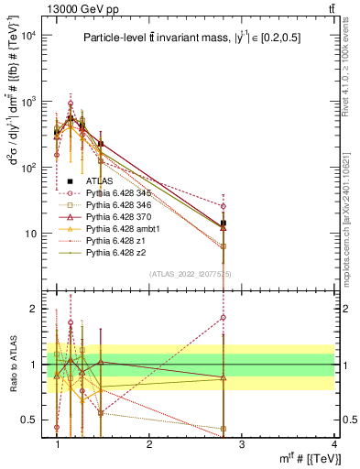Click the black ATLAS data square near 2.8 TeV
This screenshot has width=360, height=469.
pyautogui.click(x=224, y=223)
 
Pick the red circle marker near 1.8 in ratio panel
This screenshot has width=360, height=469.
pyautogui.click(x=224, y=318)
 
